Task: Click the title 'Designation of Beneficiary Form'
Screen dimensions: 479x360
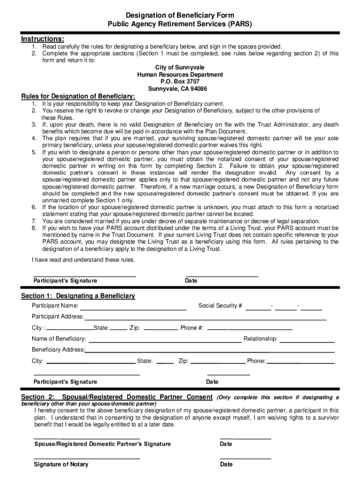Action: (x=180, y=15)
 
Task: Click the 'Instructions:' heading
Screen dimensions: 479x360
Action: (x=43, y=38)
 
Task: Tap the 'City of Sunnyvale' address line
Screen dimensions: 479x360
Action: (x=180, y=67)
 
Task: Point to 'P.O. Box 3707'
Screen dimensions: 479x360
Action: (x=180, y=81)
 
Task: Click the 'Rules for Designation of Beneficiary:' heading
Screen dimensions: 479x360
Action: (x=78, y=96)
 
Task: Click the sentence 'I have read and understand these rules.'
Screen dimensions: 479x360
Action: (x=83, y=260)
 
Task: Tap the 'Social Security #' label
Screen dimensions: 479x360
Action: (x=220, y=306)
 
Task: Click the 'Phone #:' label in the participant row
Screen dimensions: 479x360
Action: (x=192, y=327)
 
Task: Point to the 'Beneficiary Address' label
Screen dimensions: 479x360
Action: (x=58, y=349)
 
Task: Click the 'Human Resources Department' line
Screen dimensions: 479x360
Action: (x=180, y=74)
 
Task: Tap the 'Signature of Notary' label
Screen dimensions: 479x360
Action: (x=61, y=464)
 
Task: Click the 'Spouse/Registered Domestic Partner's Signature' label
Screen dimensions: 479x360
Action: (x=102, y=444)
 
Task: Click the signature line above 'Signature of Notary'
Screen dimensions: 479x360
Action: (x=86, y=458)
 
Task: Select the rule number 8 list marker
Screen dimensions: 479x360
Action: (x=34, y=228)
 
